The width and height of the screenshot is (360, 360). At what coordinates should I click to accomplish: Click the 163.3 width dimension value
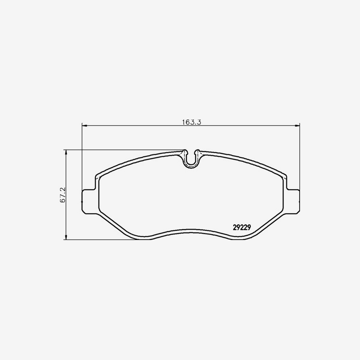point(191,122)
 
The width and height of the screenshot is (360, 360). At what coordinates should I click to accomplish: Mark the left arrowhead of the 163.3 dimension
point(84,126)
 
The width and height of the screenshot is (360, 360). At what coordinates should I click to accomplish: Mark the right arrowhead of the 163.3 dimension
point(298,126)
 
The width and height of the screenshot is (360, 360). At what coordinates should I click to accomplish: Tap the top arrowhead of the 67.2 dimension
point(66,152)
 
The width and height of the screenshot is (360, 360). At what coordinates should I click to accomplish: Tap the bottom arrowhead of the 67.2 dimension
point(66,238)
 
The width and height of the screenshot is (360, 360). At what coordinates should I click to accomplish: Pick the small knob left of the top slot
point(184,152)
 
